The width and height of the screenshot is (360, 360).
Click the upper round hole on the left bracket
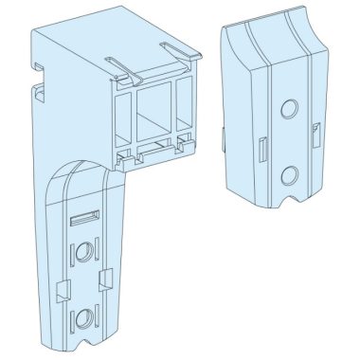point(84,251)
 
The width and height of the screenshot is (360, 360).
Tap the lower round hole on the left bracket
point(84,315)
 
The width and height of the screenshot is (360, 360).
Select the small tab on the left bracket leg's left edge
point(63,285)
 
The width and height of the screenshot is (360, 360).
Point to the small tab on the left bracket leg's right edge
point(106,278)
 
